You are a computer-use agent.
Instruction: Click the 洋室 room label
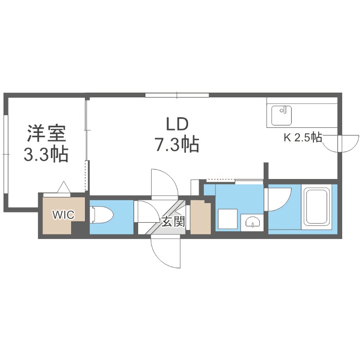point(46,134)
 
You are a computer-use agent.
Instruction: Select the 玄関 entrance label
point(173,222)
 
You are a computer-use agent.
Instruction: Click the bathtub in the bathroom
point(319,207)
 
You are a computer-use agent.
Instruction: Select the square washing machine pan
point(227,219)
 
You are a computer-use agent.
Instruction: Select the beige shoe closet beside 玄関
point(200,217)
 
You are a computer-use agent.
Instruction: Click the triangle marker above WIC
point(63,186)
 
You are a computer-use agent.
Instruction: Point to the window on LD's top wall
point(177,95)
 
